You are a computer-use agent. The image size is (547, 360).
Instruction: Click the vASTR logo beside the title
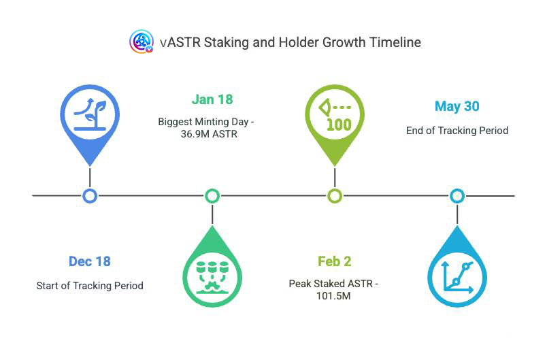[142, 42]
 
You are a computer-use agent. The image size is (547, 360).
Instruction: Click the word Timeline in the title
[395, 42]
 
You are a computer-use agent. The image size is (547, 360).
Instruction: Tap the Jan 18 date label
[212, 99]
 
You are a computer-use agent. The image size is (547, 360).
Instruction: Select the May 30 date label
[457, 106]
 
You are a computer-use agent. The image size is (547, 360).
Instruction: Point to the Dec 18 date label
[90, 261]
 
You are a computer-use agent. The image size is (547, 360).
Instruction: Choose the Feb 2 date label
[334, 261]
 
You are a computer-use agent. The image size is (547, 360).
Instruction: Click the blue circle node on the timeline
[90, 196]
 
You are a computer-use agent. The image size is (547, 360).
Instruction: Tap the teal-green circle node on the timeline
[212, 196]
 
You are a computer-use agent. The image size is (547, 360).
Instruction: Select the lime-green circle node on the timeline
[335, 196]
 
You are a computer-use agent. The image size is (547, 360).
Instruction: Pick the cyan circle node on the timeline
[457, 196]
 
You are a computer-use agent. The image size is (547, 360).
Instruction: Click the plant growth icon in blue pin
[90, 114]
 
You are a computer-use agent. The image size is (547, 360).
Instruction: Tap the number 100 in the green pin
[339, 125]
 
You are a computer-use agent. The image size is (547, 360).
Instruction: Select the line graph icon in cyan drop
[457, 278]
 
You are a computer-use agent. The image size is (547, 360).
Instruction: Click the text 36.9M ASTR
[209, 134]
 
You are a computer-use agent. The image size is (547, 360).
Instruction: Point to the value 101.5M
[333, 296]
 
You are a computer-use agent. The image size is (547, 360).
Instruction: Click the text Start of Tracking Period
[90, 286]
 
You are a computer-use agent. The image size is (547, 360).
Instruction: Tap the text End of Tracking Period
[457, 131]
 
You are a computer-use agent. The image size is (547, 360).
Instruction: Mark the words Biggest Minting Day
[203, 122]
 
